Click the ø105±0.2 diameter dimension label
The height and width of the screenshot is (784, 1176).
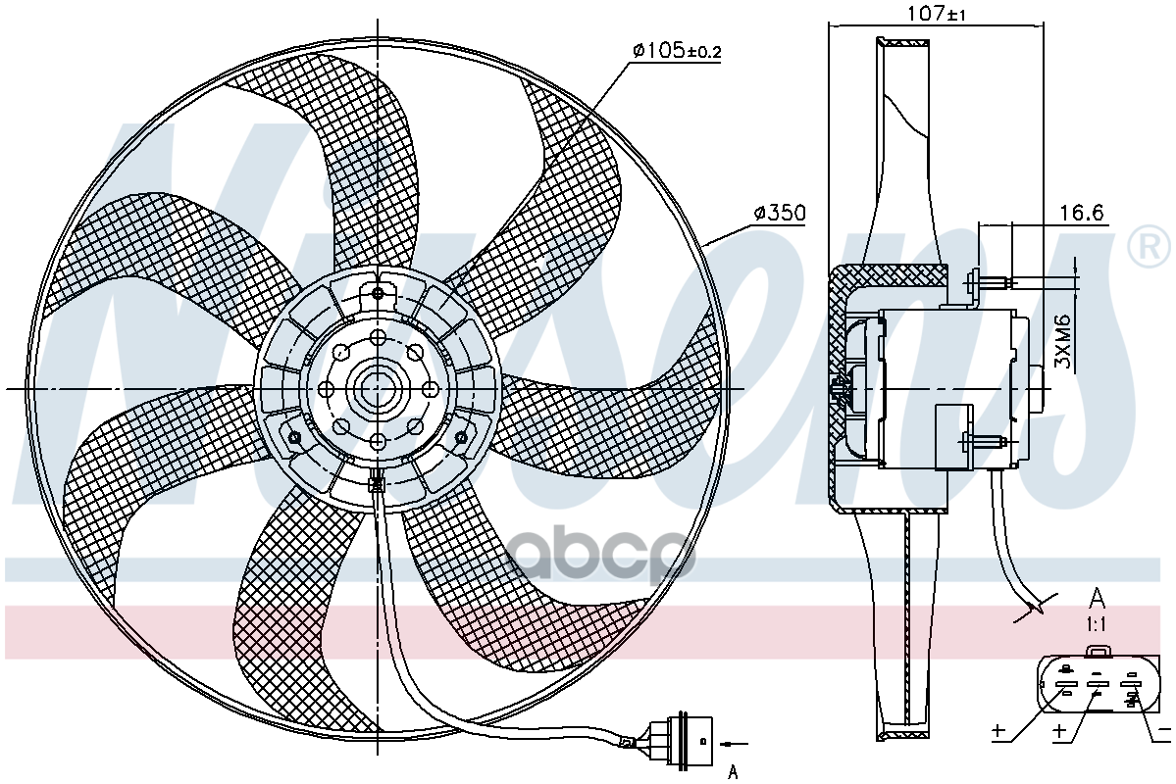tap(676, 51)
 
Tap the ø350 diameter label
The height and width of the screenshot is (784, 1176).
tap(780, 213)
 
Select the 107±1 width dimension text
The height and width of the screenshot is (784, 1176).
tap(937, 14)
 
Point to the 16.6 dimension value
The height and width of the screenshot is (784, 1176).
tap(1081, 213)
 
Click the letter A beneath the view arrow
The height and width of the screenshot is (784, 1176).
tap(732, 771)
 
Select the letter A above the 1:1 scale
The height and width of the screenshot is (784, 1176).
tap(1098, 599)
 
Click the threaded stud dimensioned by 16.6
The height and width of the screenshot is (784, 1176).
tap(993, 283)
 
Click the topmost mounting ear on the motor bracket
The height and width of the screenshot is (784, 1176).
tap(379, 292)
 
